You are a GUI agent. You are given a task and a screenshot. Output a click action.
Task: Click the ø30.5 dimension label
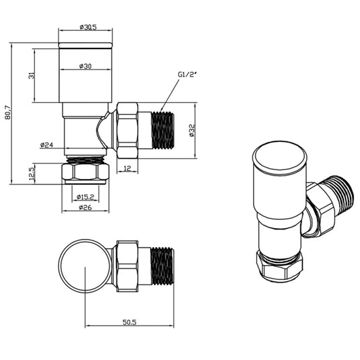coord(88,27)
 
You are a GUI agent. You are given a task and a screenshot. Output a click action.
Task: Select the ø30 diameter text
coord(85,66)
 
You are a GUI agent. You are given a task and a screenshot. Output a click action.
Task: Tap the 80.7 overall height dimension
coord(7,112)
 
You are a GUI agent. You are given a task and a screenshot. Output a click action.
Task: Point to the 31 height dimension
coord(31,75)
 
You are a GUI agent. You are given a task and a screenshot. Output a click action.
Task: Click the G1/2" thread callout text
coord(187,75)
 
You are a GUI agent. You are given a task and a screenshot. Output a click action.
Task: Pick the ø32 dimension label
coord(192,131)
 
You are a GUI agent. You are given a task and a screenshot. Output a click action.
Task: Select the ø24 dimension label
coord(46,145)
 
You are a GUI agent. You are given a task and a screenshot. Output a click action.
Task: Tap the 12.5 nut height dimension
coord(32,174)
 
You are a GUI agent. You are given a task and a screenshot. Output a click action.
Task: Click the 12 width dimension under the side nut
coord(127,169)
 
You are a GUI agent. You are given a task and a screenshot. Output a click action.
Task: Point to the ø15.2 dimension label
coord(85,196)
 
